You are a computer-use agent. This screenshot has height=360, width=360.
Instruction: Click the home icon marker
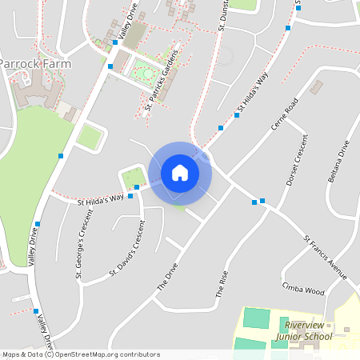pos(180,172)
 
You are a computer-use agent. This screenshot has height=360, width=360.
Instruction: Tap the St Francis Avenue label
pos(326,258)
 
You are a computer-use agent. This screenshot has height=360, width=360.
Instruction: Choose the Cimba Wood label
pos(303,288)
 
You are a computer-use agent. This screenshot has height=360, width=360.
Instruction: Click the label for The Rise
pos(222,285)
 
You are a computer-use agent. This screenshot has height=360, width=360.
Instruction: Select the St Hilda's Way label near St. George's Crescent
pos(101,198)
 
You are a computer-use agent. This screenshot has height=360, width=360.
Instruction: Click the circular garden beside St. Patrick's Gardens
pos(145,74)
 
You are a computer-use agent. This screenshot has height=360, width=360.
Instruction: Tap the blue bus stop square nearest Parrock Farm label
pos(110,66)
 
